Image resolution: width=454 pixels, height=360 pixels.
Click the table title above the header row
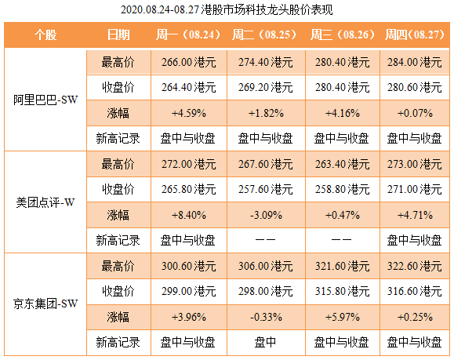[227, 10]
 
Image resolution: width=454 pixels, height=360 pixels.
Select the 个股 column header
[45, 36]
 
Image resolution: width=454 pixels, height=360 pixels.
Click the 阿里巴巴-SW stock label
[45, 100]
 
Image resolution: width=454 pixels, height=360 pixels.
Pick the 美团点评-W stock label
[45, 202]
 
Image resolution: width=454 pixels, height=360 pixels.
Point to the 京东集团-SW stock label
[45, 303]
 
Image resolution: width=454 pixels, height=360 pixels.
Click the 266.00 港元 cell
[188, 62]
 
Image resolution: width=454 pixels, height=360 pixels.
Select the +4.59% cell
[188, 113]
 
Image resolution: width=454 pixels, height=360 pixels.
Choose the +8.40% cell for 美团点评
[188, 215]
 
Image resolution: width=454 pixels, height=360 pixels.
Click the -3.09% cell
[264, 215]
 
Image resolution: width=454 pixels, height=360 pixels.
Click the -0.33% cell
[264, 316]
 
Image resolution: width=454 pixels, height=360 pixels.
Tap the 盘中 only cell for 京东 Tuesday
[264, 342]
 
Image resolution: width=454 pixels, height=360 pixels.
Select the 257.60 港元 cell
[264, 189]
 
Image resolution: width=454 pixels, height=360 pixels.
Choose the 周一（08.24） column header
[188, 36]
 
